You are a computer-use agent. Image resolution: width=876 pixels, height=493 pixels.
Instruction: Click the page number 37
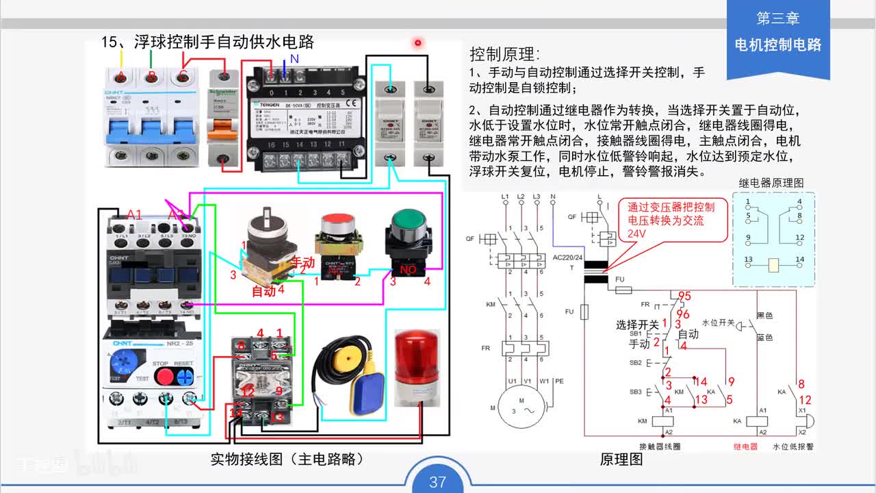[437, 481]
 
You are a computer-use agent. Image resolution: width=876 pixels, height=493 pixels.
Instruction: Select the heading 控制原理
[504, 55]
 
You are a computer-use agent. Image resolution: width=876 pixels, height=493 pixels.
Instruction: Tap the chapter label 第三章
[777, 18]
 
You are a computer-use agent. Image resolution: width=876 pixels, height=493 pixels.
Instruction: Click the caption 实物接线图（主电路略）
[287, 459]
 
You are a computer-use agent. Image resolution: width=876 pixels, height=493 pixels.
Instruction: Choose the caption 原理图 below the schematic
[621, 459]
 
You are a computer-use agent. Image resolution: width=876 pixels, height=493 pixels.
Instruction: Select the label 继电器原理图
[771, 183]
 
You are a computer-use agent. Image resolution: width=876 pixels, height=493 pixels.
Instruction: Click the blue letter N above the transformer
[294, 59]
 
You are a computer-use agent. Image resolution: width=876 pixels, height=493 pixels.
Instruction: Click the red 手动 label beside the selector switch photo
[302, 262]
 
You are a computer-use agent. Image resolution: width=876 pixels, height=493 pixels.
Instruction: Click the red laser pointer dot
[417, 43]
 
